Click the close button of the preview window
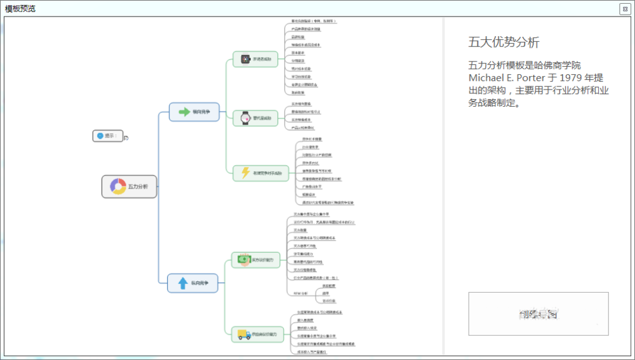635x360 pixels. [x=625, y=8]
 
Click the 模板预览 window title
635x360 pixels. [x=20, y=8]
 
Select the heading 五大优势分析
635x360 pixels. [x=504, y=43]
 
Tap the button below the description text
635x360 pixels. [x=538, y=314]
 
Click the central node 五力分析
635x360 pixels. [x=130, y=187]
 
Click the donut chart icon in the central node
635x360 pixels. [x=117, y=187]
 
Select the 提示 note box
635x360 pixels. [x=107, y=136]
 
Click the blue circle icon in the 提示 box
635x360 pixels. [x=100, y=136]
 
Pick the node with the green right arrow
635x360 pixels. [x=194, y=112]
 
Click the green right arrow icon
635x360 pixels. [x=185, y=112]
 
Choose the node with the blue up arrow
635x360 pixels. [x=192, y=283]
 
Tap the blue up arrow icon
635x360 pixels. [x=183, y=283]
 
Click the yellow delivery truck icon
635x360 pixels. [x=244, y=334]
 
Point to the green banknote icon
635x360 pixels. [x=244, y=259]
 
